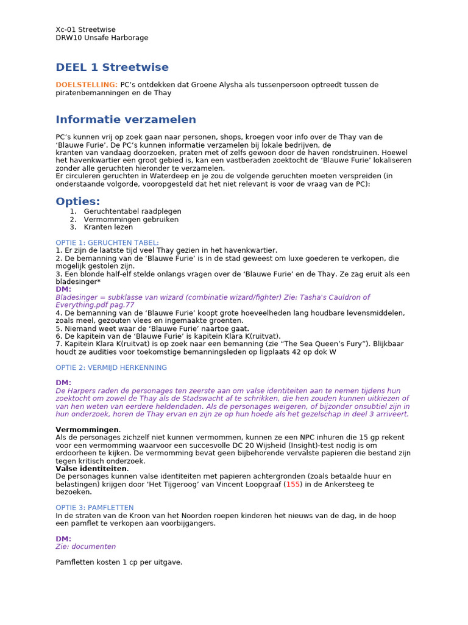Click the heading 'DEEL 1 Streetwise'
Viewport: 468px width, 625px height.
112,67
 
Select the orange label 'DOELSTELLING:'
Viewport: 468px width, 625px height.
87,85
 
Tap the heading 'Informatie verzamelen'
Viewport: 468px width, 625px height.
126,120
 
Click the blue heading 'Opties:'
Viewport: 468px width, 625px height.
78,201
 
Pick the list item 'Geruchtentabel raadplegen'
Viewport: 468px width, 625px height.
132,211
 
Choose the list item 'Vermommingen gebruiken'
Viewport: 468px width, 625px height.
131,219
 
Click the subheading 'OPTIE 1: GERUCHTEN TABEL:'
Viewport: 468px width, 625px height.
107,242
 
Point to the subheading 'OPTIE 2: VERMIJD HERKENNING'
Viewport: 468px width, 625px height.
111,367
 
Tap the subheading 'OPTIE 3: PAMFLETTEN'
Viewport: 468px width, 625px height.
94,507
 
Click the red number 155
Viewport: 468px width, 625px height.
293,484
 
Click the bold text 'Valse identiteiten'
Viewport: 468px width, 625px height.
91,468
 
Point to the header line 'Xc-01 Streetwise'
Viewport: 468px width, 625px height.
85,29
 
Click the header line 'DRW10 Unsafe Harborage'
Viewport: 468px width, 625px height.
102,38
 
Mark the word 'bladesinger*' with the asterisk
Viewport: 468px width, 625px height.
78,282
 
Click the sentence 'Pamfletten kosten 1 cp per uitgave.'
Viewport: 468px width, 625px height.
119,562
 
